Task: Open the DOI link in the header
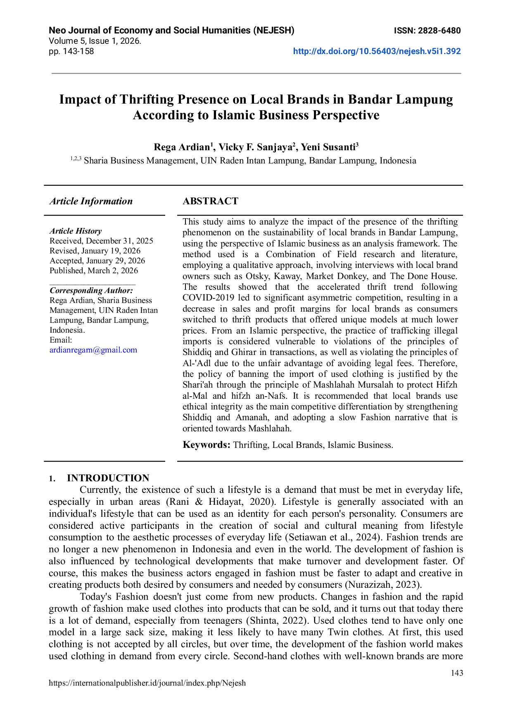(377, 52)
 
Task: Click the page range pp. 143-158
(71, 52)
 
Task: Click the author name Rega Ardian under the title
(182, 147)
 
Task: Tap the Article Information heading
(91, 201)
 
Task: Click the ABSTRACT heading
(211, 201)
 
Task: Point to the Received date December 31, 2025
(119, 241)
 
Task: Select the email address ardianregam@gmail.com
(93, 350)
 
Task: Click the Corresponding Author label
(91, 291)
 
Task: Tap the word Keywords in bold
(206, 445)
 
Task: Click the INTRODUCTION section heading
(108, 478)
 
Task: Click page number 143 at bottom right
(457, 673)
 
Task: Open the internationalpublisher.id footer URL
(147, 683)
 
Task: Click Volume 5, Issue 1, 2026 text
(95, 41)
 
